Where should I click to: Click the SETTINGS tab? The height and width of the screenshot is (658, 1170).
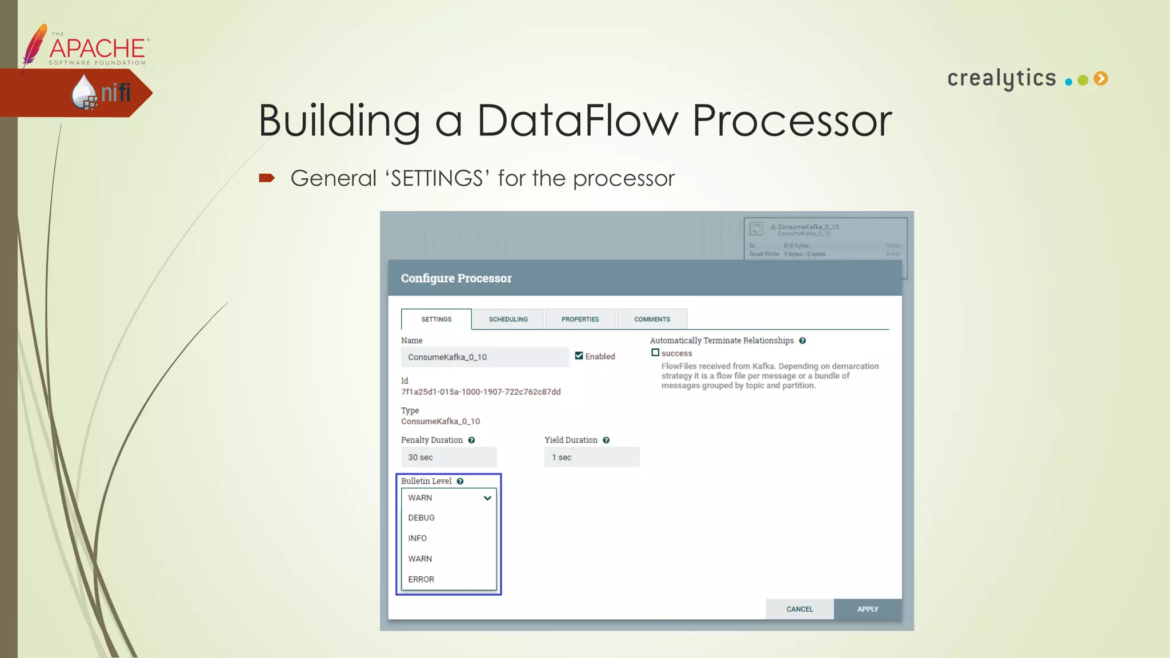436,319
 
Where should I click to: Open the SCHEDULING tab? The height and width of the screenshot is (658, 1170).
508,319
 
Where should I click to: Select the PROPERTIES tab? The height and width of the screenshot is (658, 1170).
580,319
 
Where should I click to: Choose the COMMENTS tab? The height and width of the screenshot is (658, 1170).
652,319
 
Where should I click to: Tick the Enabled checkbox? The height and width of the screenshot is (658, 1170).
579,356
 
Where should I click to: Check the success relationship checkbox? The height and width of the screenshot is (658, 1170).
655,353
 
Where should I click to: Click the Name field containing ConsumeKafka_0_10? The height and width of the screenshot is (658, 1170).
484,357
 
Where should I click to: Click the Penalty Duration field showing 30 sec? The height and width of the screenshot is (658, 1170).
448,458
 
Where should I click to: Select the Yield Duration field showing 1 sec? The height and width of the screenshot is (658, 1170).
592,458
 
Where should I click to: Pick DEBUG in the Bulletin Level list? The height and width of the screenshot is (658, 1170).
422,517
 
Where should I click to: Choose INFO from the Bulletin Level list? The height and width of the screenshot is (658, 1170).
418,538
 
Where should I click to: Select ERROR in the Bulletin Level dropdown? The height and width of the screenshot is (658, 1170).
422,579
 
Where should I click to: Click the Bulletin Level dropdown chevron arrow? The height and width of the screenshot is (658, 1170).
487,498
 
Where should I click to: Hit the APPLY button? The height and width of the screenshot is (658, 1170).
867,609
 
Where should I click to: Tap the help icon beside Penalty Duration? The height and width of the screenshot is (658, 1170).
471,440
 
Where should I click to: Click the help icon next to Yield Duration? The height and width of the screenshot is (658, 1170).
606,440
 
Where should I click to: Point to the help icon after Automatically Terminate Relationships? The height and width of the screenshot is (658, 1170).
802,341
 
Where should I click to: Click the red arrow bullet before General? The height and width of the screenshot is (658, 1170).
267,178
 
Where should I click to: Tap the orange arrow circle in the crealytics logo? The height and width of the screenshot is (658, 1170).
1101,79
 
